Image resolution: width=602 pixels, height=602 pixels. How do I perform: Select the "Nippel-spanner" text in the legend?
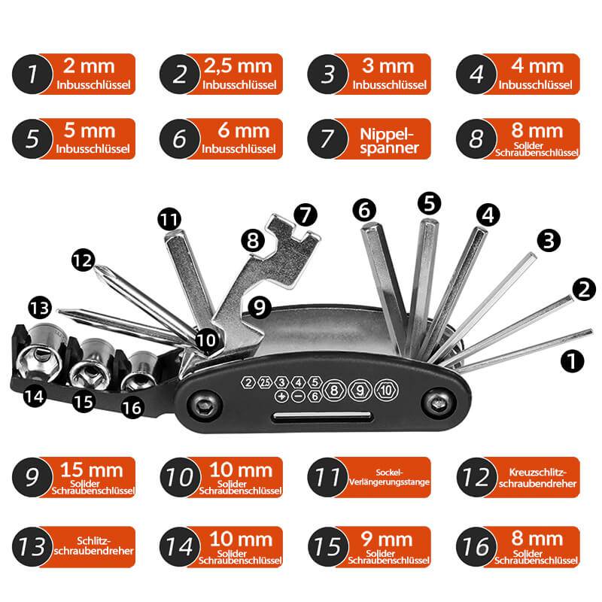[x=389, y=139]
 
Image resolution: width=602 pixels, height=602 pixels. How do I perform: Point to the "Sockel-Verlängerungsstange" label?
[x=389, y=478]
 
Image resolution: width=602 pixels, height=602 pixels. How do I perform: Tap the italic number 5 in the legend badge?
[x=32, y=139]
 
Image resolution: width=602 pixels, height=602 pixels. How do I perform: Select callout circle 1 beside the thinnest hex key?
[x=572, y=361]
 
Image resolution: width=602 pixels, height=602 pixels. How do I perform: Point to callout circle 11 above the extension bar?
[x=170, y=220]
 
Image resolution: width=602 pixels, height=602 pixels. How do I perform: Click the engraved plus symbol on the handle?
[x=281, y=396]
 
